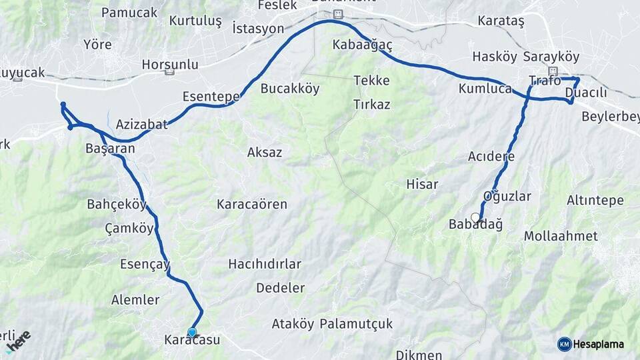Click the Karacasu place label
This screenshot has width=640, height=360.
pos(192,340)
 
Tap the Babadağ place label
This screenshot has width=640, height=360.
pos(476,225)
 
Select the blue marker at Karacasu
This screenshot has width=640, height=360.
pos(192,332)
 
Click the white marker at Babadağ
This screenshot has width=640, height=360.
pos(475,217)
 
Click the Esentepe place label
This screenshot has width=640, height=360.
pos(211,97)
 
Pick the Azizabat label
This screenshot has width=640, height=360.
pos(142,124)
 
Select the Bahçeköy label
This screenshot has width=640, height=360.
pos(117,204)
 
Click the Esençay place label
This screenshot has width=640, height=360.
pos(145,263)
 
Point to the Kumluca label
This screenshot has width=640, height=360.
pos(485,88)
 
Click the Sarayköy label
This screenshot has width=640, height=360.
pos(551,57)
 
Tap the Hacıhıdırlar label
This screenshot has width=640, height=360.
pos(265,264)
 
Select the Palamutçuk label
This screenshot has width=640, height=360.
pos(356,324)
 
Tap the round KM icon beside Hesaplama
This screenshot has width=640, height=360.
pos(564,344)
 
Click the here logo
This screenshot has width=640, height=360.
pos(18,341)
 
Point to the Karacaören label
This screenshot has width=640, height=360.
pos(252,204)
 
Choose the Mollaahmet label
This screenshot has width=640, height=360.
pos(561,236)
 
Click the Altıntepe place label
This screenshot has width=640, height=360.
pos(595,200)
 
